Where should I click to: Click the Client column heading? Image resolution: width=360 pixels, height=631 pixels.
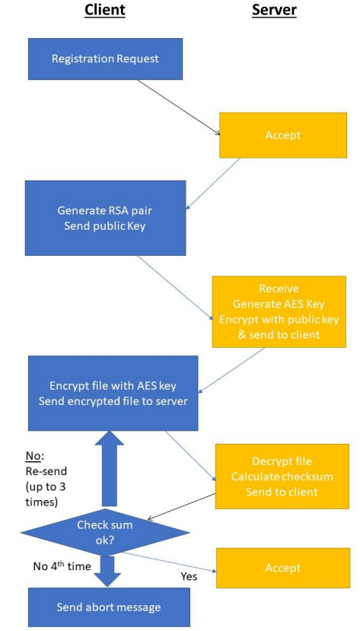pos(105,11)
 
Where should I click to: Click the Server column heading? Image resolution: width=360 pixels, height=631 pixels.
pos(273,11)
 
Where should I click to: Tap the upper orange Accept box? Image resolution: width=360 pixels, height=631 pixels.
pos(282,135)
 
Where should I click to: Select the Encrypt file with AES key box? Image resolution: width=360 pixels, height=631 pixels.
pos(113,392)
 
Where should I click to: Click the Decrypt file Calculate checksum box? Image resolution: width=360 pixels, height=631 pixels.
pos(281,476)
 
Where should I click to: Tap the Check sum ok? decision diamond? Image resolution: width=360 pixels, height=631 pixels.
pos(104,531)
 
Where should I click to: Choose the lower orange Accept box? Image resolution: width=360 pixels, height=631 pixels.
pos(282,568)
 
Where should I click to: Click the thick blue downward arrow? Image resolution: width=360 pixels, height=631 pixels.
pos(106,570)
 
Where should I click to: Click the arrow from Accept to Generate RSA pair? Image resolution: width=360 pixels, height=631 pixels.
pos(213,183)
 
